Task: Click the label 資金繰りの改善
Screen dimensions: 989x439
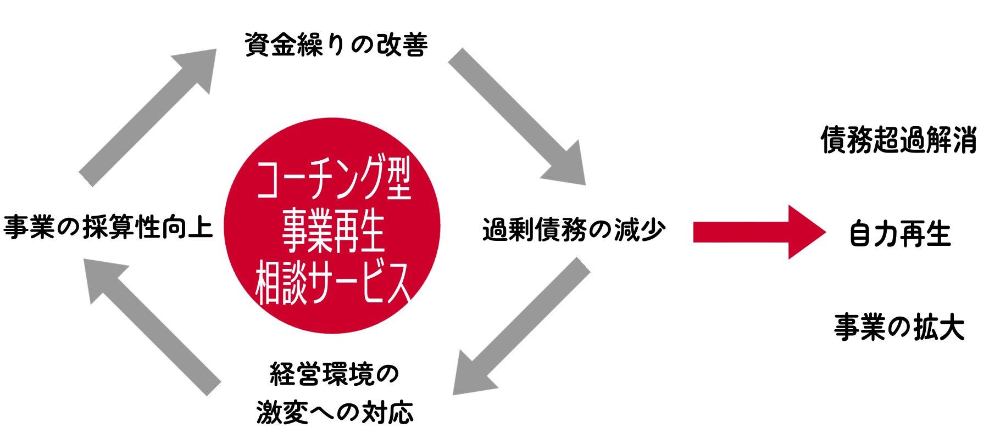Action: click(x=336, y=44)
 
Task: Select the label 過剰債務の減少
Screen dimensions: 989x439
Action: click(x=574, y=230)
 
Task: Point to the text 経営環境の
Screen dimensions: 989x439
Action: click(x=334, y=375)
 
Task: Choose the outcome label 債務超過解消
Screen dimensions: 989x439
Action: click(x=899, y=140)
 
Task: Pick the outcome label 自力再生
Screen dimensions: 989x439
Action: click(x=899, y=234)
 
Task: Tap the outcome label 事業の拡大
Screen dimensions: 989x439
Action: click(x=899, y=328)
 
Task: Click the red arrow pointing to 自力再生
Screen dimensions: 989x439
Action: click(x=758, y=232)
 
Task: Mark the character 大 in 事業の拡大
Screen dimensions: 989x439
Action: click(x=951, y=328)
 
